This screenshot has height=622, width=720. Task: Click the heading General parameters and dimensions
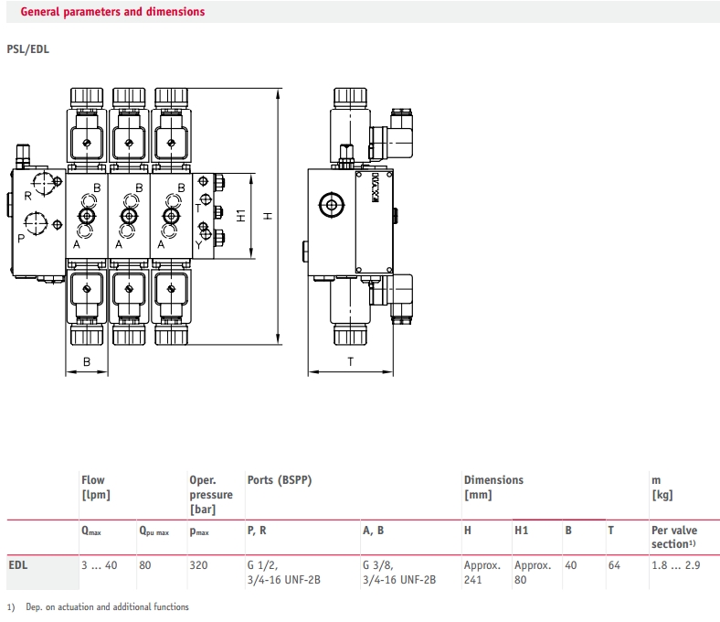pos(112,12)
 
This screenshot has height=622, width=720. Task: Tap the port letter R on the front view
pos(26,195)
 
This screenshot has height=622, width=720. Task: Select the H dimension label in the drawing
pos(267,216)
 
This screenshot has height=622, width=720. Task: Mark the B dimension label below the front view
pos(87,362)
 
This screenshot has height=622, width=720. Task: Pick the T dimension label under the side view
pos(350,361)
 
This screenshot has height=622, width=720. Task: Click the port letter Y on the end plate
pos(199,244)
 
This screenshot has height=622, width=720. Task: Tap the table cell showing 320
pos(198,565)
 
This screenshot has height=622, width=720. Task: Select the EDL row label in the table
pos(17,565)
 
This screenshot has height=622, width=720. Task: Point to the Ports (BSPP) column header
pos(281,479)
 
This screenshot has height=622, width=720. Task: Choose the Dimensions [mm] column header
pos(493,487)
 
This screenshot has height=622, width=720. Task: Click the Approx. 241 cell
pos(482,572)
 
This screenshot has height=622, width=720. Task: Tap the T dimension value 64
pos(614,565)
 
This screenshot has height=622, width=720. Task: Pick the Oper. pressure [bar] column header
pos(210,494)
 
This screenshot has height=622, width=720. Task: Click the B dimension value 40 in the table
pos(571,565)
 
